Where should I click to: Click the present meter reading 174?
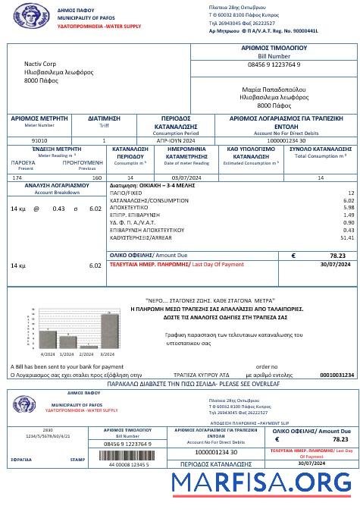(x=17, y=177)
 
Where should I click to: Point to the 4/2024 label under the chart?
(x=47, y=354)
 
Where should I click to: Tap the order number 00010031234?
(x=337, y=375)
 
